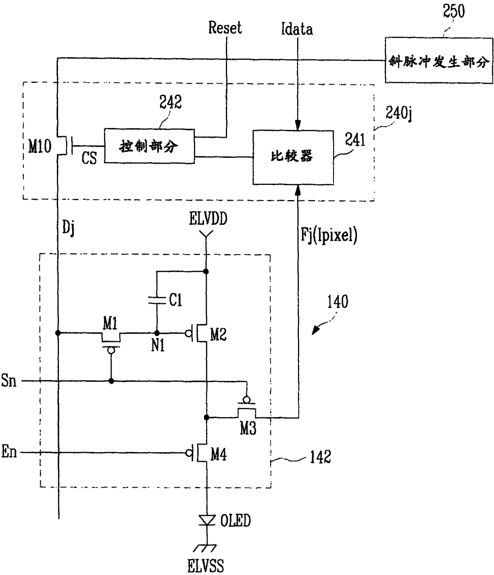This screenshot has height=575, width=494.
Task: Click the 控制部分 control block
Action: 149,146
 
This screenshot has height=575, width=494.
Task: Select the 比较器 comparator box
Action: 293,157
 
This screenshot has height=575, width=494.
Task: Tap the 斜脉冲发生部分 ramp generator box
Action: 438,61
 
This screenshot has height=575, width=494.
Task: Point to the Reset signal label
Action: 225,28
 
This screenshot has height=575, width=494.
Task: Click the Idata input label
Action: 297,29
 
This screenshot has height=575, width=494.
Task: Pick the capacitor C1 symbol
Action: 157,300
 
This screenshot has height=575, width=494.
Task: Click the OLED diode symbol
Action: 207,520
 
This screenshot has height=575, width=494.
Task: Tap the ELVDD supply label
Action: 208,219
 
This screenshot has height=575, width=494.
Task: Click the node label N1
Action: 158,345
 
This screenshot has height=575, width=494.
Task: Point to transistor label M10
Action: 40,147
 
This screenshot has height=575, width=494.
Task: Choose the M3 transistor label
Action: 248,429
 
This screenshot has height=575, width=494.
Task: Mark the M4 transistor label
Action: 219,454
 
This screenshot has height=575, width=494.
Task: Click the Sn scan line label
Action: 9,381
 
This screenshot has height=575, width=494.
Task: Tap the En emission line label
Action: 9,452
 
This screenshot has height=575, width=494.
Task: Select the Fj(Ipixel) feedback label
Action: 329,235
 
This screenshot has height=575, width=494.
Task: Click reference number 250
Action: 454,11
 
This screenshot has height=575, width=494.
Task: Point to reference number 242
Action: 171,102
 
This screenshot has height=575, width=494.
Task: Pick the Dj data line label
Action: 69,229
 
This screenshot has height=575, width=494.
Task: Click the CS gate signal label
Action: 89,158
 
